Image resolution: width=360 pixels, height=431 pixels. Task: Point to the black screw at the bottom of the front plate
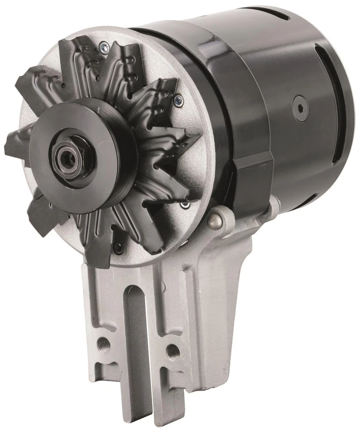click(118, 246)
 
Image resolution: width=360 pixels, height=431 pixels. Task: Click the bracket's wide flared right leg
click(224, 314)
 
